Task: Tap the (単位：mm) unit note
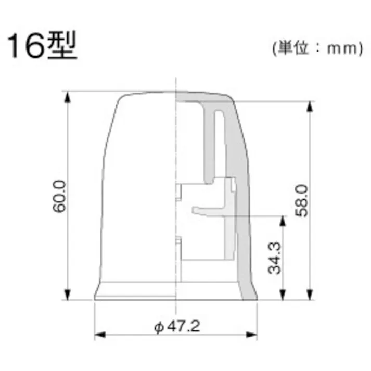pyautogui.click(x=317, y=48)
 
